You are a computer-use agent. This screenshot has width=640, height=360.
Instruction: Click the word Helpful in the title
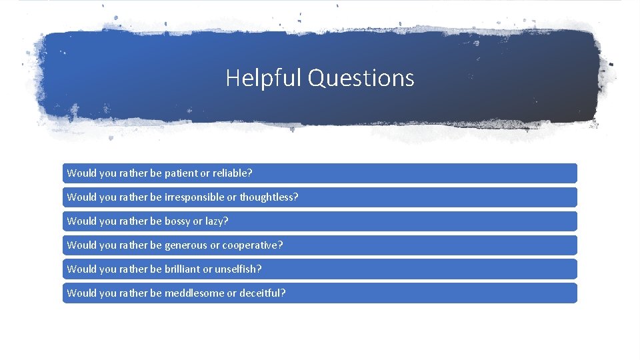coord(264,78)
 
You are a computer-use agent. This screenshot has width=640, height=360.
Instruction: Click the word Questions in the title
coord(361,78)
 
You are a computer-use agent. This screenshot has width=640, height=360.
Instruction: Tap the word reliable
coord(231,173)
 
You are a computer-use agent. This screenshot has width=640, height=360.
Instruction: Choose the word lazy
coord(216,221)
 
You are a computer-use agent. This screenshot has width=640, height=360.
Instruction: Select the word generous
coord(186,245)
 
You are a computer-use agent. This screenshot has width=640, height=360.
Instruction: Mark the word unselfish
coord(236,269)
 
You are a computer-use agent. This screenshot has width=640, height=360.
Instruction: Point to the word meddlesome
coord(194,293)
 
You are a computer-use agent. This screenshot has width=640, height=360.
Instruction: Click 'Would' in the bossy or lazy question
coord(81,221)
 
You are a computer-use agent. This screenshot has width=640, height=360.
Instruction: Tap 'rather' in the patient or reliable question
coord(133,173)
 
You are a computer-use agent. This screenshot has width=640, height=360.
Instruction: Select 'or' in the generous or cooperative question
coord(215,245)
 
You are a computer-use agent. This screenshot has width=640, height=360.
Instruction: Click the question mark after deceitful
coord(283,293)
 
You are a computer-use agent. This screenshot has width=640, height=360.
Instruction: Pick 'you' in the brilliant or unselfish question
coord(107,269)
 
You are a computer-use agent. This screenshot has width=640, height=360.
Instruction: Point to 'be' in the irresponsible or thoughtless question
coord(156,197)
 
